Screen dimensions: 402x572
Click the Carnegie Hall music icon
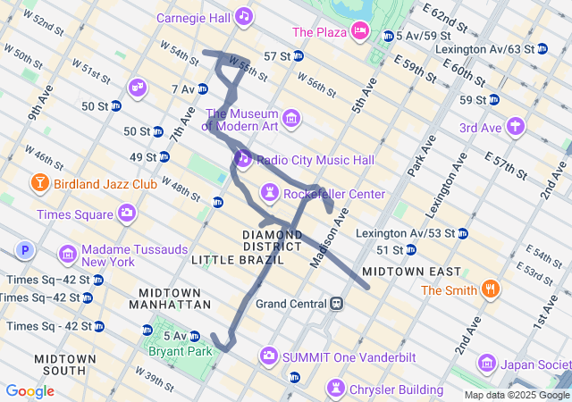[244, 17]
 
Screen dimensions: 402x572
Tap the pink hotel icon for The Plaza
[361, 32]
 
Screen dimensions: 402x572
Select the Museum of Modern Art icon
[290, 119]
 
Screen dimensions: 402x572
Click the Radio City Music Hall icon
[242, 159]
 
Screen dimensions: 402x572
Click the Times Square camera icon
[127, 214]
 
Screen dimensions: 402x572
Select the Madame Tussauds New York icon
[68, 255]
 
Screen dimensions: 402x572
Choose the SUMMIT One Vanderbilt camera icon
[268, 356]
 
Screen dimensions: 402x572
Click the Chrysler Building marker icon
[335, 389]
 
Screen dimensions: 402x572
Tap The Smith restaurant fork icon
[490, 289]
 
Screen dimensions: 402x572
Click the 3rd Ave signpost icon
[515, 127]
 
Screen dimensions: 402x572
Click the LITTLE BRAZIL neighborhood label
[238, 259]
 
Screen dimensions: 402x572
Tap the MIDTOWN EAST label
[412, 271]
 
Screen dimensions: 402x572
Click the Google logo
[30, 391]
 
